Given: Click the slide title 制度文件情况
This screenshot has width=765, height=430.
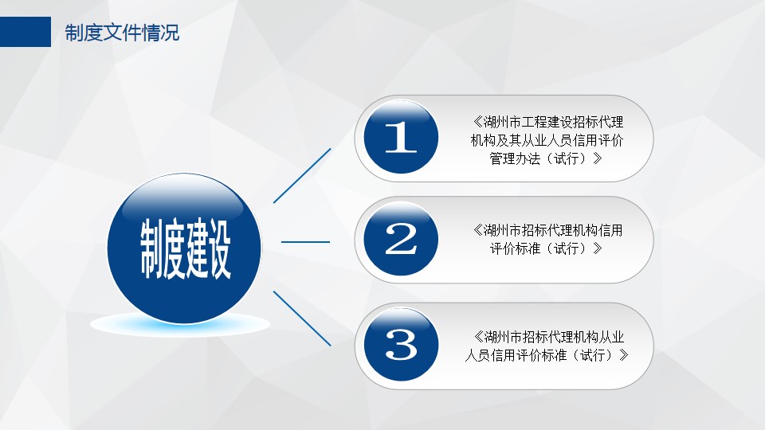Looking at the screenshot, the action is [x=122, y=33].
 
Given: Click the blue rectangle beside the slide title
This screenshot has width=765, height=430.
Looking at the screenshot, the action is [x=25, y=32].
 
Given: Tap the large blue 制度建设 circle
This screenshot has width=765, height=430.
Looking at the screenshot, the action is [x=184, y=248].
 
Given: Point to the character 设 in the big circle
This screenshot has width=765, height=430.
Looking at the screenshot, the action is [x=218, y=249].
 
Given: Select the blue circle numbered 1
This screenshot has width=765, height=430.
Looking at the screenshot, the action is [x=401, y=137].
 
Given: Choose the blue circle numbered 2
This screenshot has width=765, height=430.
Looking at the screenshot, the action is [x=401, y=239].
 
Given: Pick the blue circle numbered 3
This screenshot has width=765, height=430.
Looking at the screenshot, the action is [x=401, y=344].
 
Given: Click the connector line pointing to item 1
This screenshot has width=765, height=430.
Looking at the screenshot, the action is [x=302, y=175].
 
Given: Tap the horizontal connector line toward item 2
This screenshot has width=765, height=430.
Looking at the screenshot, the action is [x=305, y=241].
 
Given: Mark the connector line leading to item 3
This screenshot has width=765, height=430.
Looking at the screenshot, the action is [x=302, y=319].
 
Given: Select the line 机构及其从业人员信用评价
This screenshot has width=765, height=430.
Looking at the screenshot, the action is [x=547, y=140].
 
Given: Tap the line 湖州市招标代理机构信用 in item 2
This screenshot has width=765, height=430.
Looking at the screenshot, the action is [x=553, y=230].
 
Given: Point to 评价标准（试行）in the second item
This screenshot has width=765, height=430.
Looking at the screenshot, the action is [x=540, y=248].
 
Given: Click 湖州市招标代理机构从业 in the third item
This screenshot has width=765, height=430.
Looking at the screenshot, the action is [x=555, y=337].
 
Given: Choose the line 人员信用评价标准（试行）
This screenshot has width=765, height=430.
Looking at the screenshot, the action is [x=541, y=355].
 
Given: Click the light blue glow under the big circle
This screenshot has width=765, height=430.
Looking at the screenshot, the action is [x=181, y=325].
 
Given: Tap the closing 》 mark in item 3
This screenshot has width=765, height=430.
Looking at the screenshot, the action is [x=623, y=355].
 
